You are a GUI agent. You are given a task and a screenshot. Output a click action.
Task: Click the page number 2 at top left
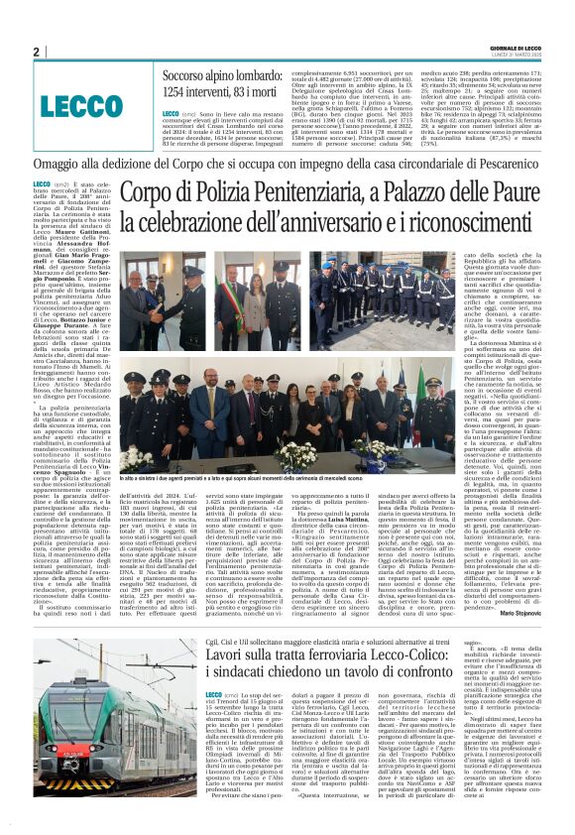pos(37,53)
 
